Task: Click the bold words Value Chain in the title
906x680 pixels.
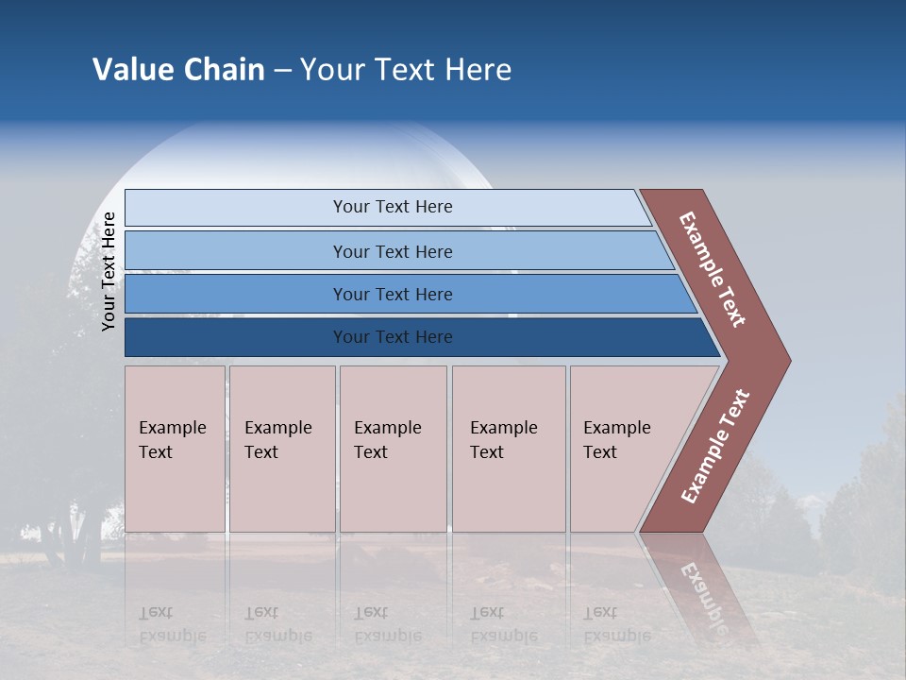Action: [178, 70]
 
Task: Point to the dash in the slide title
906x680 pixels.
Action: [282, 71]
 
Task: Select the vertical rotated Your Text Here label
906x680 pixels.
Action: [109, 271]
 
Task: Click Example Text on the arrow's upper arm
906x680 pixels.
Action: [713, 269]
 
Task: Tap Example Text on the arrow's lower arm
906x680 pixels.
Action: [715, 447]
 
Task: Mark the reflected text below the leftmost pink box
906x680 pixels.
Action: [172, 624]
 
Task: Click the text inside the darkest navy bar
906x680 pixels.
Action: [393, 337]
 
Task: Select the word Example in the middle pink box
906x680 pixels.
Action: [387, 428]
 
